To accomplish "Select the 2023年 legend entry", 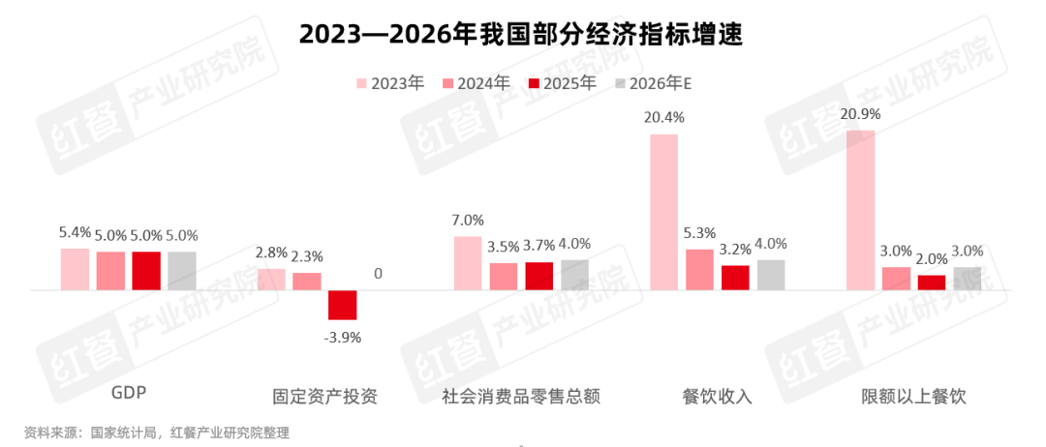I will [x=390, y=83].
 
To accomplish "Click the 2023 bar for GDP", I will [x=75, y=269].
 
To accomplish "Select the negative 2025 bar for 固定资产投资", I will [x=342, y=305].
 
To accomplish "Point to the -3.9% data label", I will [x=342, y=337].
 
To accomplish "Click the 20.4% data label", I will [x=664, y=117].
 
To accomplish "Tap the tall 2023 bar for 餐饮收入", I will [x=664, y=212].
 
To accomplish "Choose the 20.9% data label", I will [x=861, y=113].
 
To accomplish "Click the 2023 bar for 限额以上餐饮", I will [x=861, y=210].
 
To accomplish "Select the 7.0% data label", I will [x=468, y=220].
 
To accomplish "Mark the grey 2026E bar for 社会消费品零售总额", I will [x=574, y=275].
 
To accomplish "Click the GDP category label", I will [x=128, y=396].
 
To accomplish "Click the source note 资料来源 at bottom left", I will [x=156, y=432].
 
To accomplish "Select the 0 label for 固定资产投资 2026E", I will [x=378, y=274].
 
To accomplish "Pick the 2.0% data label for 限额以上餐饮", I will [x=932, y=258].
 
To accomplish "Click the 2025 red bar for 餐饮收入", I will [x=735, y=278].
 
